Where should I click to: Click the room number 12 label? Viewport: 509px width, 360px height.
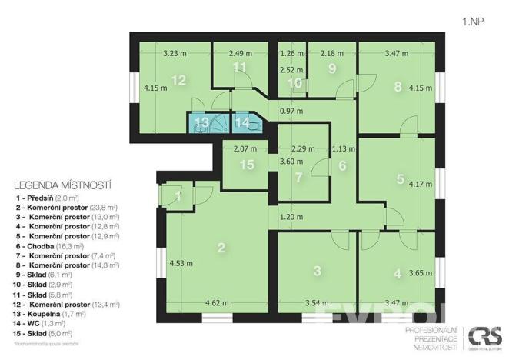pos(178,80)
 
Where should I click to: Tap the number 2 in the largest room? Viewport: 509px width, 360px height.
pos(221,247)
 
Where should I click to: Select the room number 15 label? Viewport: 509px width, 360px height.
pos(246,165)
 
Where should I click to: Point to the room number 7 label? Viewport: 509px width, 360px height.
pos(298,177)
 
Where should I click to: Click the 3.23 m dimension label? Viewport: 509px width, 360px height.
pos(177,54)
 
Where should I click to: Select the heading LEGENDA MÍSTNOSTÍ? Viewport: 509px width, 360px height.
pos(63,185)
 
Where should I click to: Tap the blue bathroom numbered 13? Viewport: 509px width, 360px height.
pos(201,122)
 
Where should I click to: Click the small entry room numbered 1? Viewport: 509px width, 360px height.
pos(178,196)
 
